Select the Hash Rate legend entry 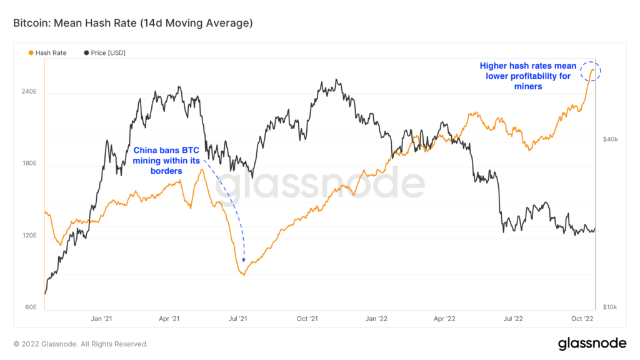click(x=47, y=53)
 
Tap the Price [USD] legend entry click(x=104, y=53)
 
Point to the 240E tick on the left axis click(x=29, y=91)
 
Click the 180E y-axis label click(x=29, y=164)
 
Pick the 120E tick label click(x=29, y=236)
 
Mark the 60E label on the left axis click(x=30, y=307)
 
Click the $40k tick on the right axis click(x=610, y=139)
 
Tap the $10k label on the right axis click(x=610, y=307)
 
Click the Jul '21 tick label click(x=238, y=319)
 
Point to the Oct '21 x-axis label click(x=307, y=319)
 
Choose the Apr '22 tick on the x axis click(x=444, y=319)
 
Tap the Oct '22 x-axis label click(x=582, y=319)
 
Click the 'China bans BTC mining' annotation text click(x=166, y=161)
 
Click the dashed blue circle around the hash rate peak click(x=590, y=71)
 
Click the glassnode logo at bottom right click(x=591, y=343)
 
